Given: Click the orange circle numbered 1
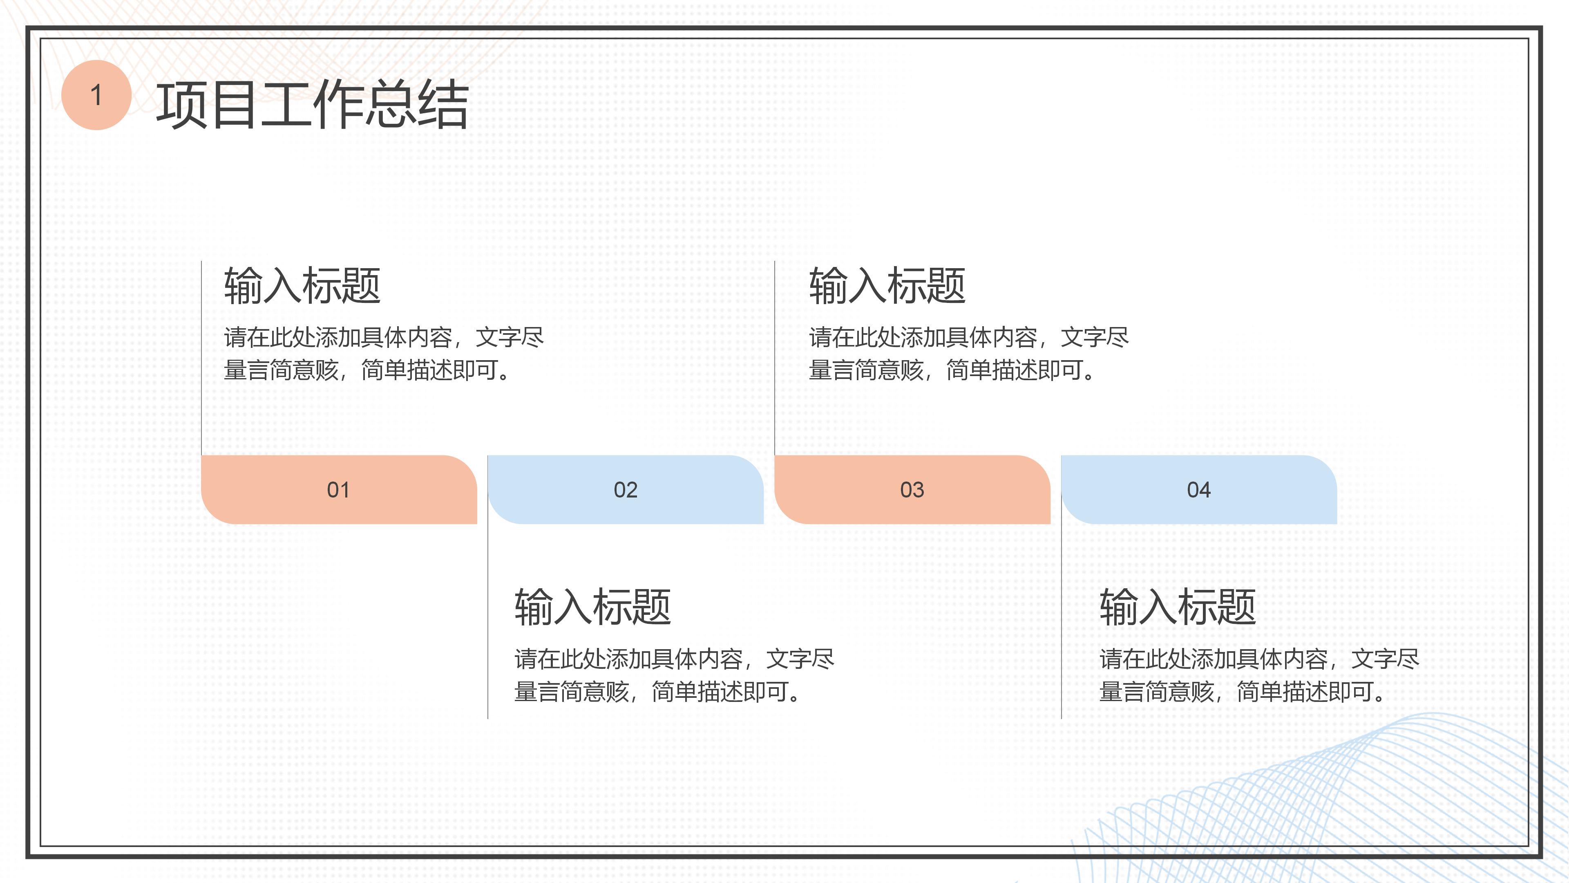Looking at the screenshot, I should (96, 95).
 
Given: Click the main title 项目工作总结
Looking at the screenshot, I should (312, 105).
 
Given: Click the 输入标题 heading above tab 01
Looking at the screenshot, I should (302, 285).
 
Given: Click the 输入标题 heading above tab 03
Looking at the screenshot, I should (887, 285).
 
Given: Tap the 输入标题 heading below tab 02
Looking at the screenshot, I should (592, 607).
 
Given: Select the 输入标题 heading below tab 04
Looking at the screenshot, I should (1177, 607).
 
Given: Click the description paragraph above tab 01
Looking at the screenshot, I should (384, 354).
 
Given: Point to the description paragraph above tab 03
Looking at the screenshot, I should (968, 354).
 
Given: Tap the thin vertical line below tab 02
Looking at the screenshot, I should (488, 621).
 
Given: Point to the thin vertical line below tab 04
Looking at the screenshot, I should (1061, 621).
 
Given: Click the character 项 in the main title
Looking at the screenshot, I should (181, 105).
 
